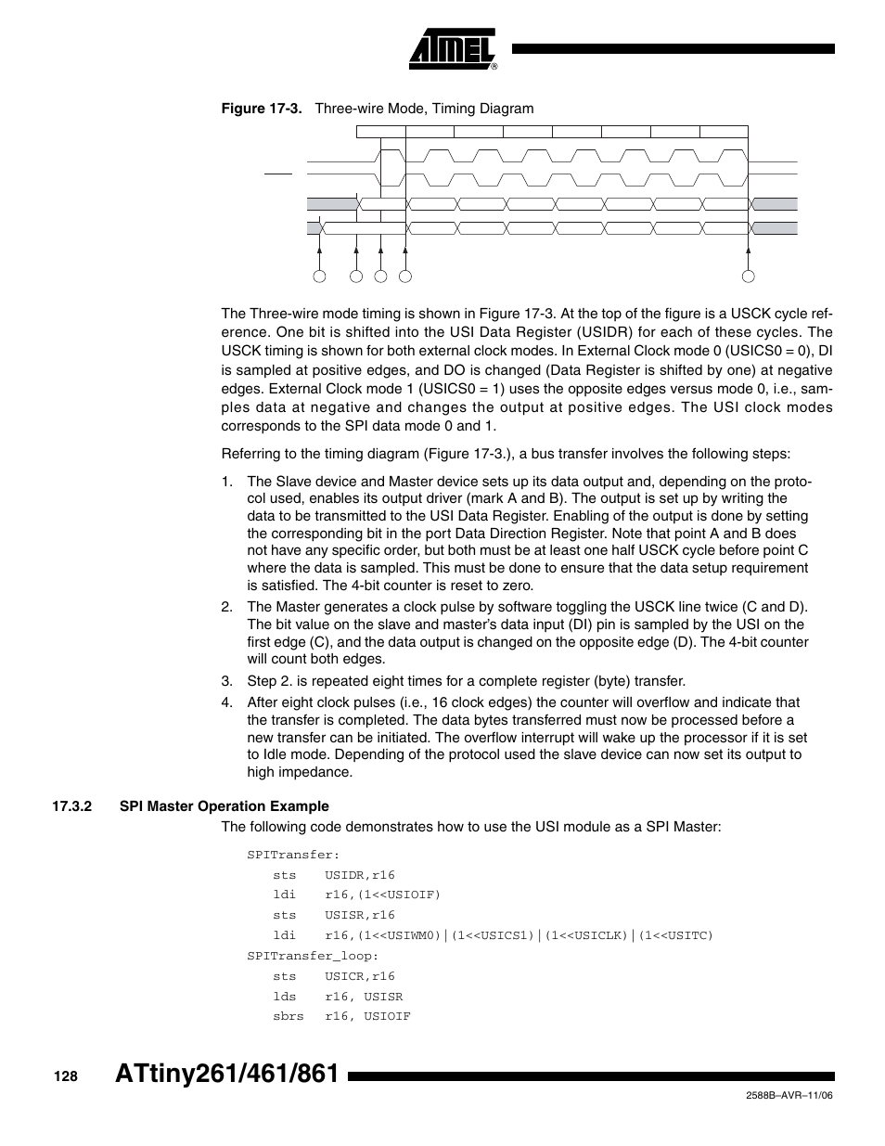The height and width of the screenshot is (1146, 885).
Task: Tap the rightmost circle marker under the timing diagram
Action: (x=749, y=276)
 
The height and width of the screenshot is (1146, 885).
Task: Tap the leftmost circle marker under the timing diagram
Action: (x=320, y=276)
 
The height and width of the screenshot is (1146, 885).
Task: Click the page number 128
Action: (x=65, y=1076)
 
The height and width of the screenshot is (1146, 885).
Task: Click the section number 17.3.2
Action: (x=73, y=805)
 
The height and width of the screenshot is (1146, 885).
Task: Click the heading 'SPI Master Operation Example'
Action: (x=224, y=805)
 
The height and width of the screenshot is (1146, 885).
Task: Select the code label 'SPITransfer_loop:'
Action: (x=313, y=956)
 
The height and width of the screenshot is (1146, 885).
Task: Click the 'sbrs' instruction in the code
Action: (x=288, y=1016)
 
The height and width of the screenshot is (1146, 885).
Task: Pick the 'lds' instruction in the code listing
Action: (x=284, y=997)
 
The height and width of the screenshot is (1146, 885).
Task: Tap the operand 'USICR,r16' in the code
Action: (x=360, y=976)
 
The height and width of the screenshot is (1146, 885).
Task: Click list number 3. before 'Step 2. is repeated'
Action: (x=226, y=681)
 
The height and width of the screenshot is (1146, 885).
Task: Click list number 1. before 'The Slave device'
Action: (x=226, y=482)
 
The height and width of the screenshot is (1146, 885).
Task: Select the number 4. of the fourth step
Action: (x=226, y=702)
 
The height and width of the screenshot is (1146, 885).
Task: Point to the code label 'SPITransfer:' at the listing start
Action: (x=293, y=855)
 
